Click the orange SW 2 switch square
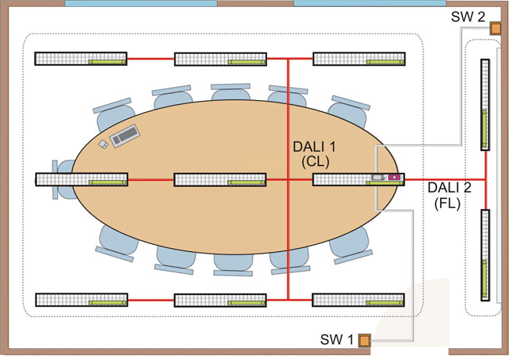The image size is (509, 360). [x=495, y=29]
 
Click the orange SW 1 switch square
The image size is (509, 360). [x=364, y=340]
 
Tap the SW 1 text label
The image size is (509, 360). [x=338, y=340]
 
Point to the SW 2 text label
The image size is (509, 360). [x=467, y=17]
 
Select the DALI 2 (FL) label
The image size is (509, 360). [x=446, y=196]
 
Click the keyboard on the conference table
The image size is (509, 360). [x=126, y=137]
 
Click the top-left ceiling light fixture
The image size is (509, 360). [x=81, y=59]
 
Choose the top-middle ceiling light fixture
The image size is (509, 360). [x=220, y=59]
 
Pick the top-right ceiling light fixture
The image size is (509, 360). [x=359, y=59]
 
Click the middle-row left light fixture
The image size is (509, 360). [x=81, y=179]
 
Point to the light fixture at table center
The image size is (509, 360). [x=220, y=179]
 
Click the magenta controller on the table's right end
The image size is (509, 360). [x=394, y=178]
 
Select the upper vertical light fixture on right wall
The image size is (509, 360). [x=486, y=106]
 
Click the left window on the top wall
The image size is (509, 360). [x=141, y=4]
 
